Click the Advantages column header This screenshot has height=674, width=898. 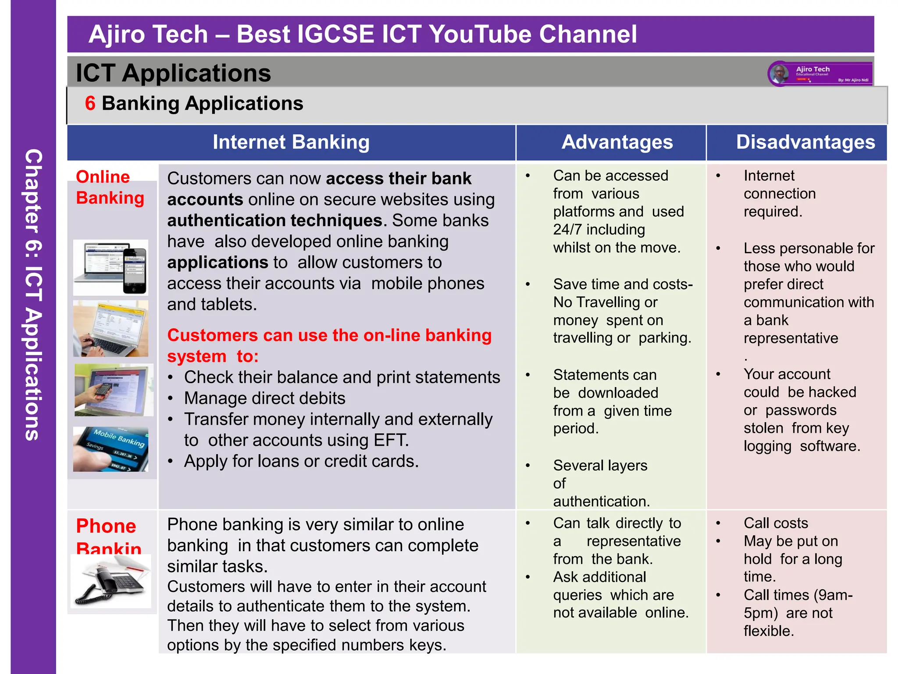click(x=617, y=142)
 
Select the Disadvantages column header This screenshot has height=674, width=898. click(x=805, y=142)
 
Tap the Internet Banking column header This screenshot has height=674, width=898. click(x=291, y=142)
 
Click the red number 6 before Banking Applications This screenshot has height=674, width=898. click(x=90, y=104)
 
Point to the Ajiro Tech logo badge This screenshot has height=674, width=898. click(x=820, y=74)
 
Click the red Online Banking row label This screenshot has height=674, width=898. click(x=110, y=187)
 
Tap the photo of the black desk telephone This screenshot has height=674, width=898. click(x=111, y=581)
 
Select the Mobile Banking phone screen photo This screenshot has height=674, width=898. click(x=110, y=449)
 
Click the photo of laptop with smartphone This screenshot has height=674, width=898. click(x=110, y=267)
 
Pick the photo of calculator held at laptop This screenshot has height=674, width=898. click(x=114, y=390)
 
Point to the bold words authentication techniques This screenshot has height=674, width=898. click(x=275, y=220)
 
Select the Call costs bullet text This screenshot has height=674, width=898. click(x=776, y=523)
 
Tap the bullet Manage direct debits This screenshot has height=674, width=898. click(x=264, y=398)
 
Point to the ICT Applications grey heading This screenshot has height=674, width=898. click(x=174, y=73)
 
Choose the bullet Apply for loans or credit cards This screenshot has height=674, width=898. click(x=301, y=461)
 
